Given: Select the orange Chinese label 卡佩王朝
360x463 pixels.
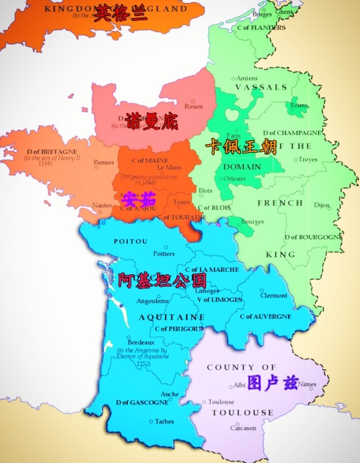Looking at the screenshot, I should (x=241, y=147).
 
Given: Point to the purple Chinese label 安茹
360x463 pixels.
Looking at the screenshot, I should (x=138, y=199).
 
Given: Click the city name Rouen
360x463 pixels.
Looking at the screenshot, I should (x=194, y=106).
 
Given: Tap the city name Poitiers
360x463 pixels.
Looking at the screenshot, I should (x=164, y=253).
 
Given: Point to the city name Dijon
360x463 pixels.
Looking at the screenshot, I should (x=322, y=204).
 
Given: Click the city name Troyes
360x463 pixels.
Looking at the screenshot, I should (x=308, y=160).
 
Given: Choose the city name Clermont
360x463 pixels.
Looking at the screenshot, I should (x=274, y=295).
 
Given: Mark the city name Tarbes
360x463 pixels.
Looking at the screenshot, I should (x=164, y=421).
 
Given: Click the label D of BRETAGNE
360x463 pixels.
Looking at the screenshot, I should (x=52, y=151).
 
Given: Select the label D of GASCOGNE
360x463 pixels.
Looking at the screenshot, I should (x=142, y=402).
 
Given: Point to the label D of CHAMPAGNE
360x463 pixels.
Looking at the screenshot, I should (x=292, y=133).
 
